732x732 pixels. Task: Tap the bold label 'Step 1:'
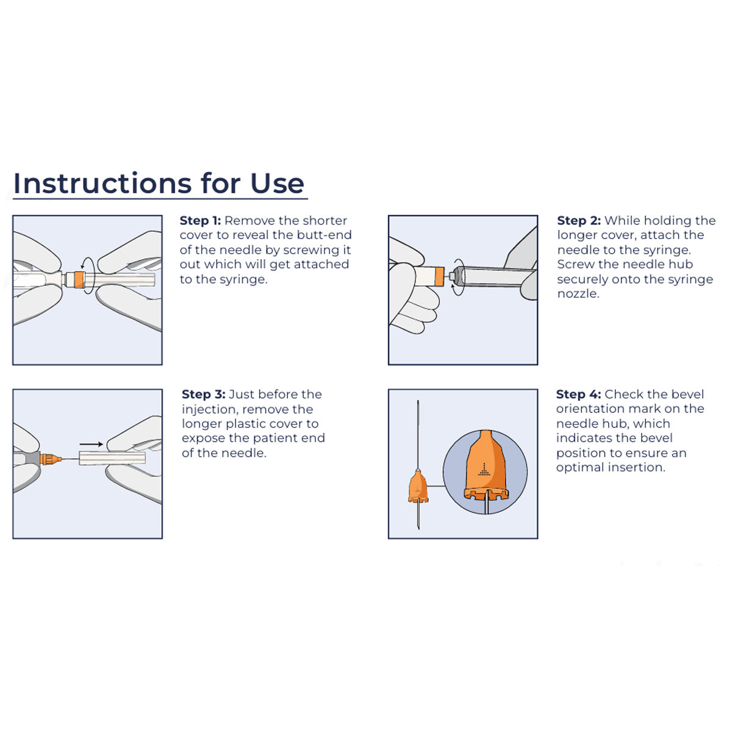coord(200,221)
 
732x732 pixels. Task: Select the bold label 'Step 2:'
coord(578,221)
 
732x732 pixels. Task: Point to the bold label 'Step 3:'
coord(203,395)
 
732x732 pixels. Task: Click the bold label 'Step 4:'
coord(578,395)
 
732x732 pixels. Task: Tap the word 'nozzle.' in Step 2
coord(578,294)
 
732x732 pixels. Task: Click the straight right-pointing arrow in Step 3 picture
coord(91,445)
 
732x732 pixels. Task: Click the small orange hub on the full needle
coord(418,487)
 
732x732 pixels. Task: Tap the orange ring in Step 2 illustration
coord(437,276)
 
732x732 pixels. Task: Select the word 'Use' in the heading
coord(277,183)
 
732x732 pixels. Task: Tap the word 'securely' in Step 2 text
coord(584,279)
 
